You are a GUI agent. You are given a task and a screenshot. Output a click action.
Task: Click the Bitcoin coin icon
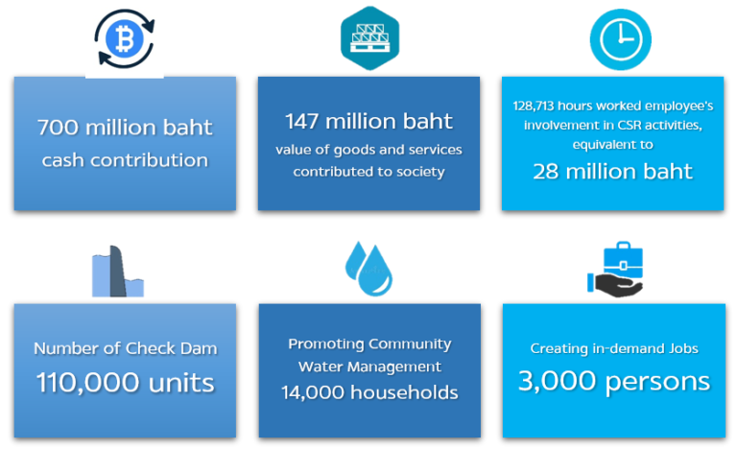coord(124,40)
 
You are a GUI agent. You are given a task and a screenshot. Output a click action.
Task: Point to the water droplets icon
coord(369,269)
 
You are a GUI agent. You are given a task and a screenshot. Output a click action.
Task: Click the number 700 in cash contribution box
coord(58,128)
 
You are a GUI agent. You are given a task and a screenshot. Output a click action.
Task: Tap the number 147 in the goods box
coord(305,122)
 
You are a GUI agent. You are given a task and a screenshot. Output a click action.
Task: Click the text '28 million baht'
coord(613,173)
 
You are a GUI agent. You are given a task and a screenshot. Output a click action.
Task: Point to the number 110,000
coord(83,384)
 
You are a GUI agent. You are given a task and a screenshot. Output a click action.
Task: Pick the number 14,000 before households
coord(311,392)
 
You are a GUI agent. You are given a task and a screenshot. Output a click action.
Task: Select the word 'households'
coord(401,392)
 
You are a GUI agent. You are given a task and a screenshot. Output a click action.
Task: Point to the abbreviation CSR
coord(602,127)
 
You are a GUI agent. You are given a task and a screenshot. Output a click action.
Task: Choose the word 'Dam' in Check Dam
coord(198,349)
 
